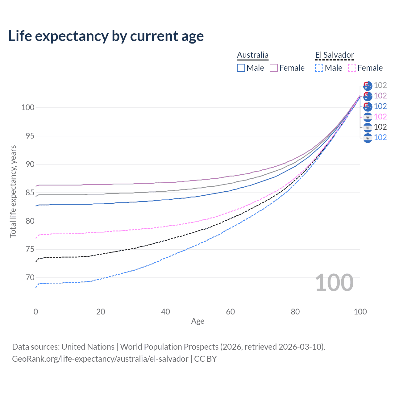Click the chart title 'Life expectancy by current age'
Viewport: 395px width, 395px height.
pos(106,36)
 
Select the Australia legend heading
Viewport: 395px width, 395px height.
pos(252,55)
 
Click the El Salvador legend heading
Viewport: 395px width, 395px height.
pos(335,55)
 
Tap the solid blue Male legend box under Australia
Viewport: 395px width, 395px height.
pos(241,68)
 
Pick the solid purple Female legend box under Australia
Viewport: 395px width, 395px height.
pos(274,68)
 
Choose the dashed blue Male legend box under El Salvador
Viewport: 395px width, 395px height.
pos(319,68)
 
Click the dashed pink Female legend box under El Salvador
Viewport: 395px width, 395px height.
pos(352,68)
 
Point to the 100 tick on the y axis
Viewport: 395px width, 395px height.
pos(28,108)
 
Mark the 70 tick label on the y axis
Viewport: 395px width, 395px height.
pos(30,278)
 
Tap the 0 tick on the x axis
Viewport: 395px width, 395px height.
pos(36,312)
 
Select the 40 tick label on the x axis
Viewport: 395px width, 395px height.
pos(165,312)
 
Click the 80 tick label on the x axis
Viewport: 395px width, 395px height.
pos(295,312)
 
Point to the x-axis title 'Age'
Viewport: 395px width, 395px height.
pos(197,321)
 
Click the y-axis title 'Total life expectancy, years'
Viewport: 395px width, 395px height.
pos(13,191)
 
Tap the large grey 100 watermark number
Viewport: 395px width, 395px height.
pos(334,283)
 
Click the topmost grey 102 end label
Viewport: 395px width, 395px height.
pos(380,85)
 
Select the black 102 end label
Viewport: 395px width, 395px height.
pos(380,127)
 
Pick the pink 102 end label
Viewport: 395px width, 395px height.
pos(380,117)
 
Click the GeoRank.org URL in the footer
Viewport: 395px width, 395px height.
pos(100,359)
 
